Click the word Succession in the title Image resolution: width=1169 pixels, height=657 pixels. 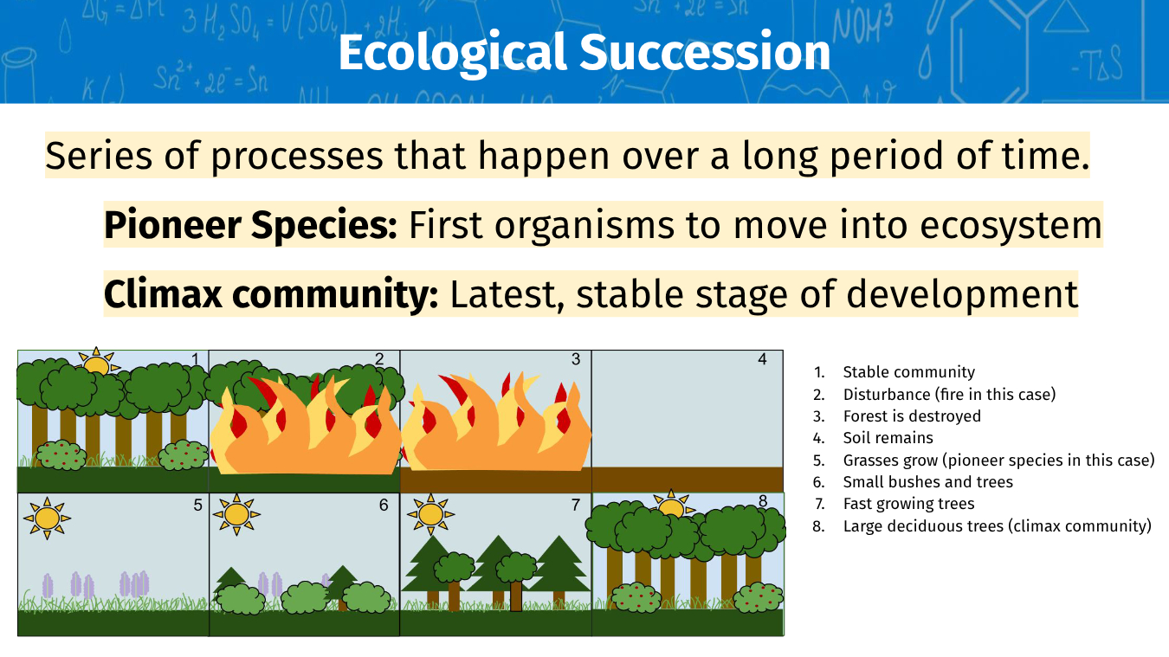pyautogui.click(x=705, y=53)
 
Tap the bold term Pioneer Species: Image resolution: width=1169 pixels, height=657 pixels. pyautogui.click(x=250, y=224)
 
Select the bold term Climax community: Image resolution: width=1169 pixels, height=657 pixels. pyautogui.click(x=271, y=293)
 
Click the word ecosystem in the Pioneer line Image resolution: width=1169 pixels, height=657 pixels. pyautogui.click(x=1011, y=225)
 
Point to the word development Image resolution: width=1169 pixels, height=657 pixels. pyautogui.click(x=962, y=295)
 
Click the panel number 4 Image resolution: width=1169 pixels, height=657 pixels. pyautogui.click(x=763, y=359)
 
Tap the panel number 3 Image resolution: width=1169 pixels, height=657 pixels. pyautogui.click(x=576, y=359)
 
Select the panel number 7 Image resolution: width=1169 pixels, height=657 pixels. pyautogui.click(x=576, y=505)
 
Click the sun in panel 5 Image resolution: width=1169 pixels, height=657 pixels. pyautogui.click(x=47, y=519)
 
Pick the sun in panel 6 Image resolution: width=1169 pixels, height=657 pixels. pyautogui.click(x=236, y=514)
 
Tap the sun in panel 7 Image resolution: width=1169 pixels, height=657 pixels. pyautogui.click(x=430, y=514)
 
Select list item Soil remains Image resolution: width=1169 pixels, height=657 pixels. pyautogui.click(x=888, y=438)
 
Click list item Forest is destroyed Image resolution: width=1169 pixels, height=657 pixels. pyautogui.click(x=912, y=415)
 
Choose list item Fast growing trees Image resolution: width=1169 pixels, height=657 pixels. pyautogui.click(x=908, y=504)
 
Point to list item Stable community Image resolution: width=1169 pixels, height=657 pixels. pyautogui.click(x=908, y=372)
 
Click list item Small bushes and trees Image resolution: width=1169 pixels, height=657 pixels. pyautogui.click(x=928, y=481)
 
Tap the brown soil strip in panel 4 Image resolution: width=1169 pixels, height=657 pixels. pyautogui.click(x=688, y=480)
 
